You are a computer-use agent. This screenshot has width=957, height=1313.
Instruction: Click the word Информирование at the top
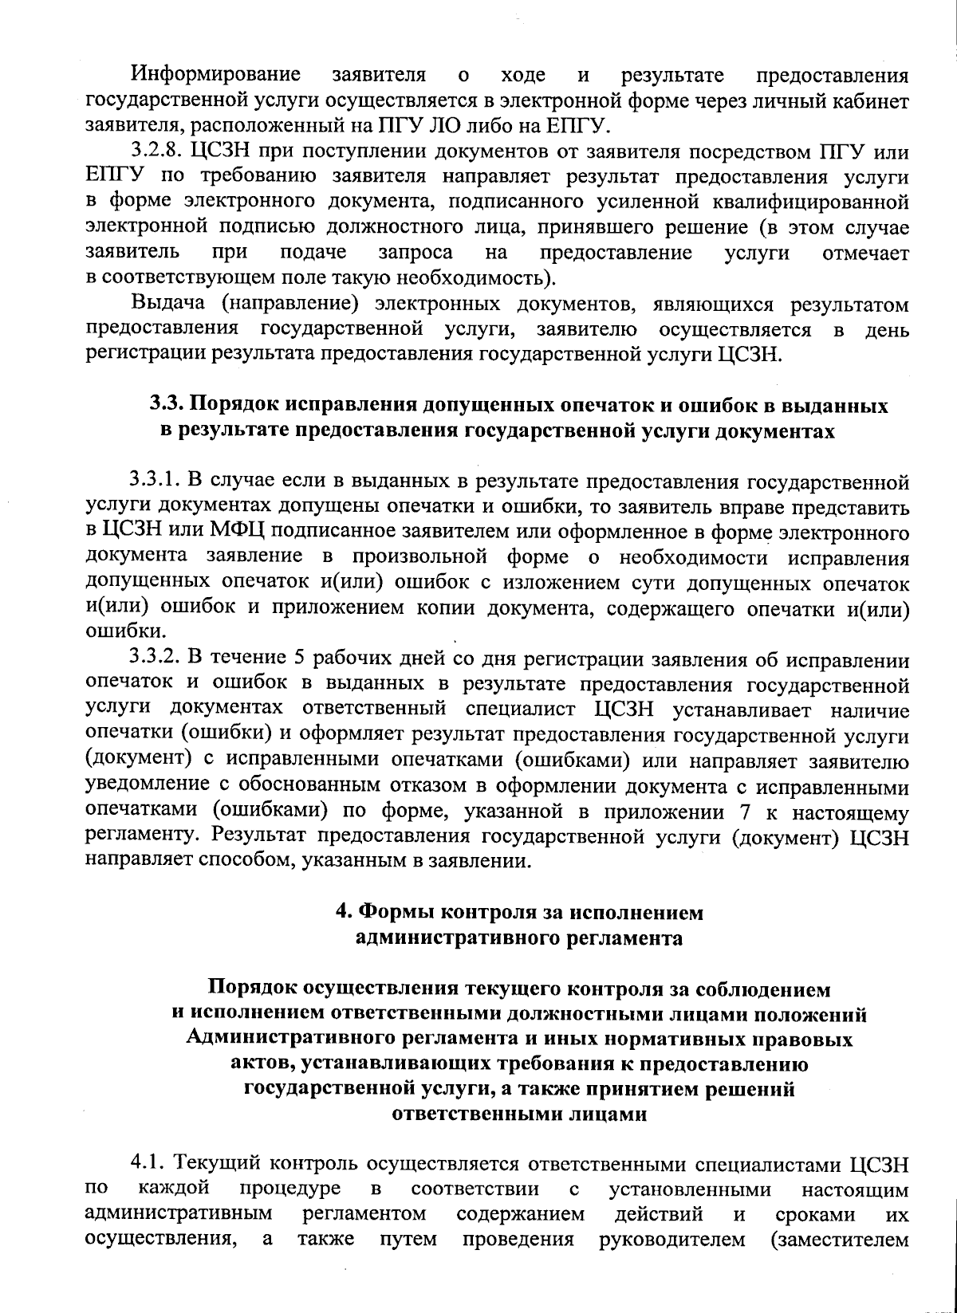pyautogui.click(x=216, y=76)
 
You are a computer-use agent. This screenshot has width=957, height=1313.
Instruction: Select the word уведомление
pyautogui.click(x=148, y=787)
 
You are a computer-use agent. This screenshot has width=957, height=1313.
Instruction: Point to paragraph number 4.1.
pyautogui.click(x=148, y=1163)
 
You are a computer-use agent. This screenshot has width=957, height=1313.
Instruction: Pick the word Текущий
pyautogui.click(x=215, y=1163)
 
